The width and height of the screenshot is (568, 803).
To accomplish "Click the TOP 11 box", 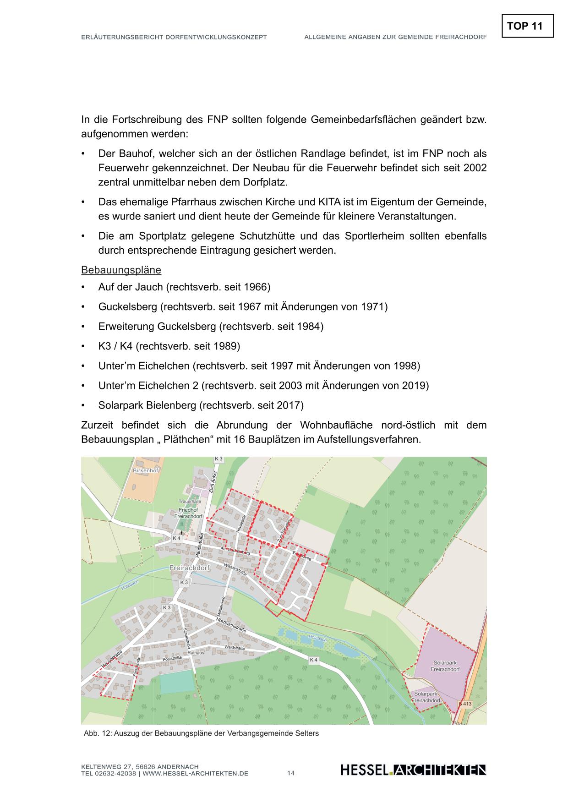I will click(x=527, y=26).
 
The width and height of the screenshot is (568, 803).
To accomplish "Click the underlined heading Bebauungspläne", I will click(x=121, y=270).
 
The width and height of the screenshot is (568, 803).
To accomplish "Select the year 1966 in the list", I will click(x=257, y=287).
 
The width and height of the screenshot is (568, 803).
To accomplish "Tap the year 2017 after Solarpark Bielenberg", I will click(x=290, y=405).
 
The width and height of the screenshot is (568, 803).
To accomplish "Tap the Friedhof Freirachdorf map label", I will click(x=188, y=513).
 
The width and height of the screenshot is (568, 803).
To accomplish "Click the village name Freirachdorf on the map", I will click(x=189, y=568).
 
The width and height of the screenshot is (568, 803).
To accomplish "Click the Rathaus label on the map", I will click(x=196, y=652).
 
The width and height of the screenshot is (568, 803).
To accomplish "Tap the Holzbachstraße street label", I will click(x=231, y=624).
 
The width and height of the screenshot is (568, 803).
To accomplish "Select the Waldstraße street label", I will click(x=235, y=648).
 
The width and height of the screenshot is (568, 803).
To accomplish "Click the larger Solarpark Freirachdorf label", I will click(x=445, y=666).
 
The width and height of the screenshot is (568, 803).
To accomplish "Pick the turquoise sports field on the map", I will click(x=177, y=682).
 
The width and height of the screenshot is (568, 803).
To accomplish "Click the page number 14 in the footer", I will click(x=291, y=773).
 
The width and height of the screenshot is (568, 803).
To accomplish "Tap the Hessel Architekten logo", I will click(x=413, y=770).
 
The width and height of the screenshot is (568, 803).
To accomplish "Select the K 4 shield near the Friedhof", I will click(x=176, y=538).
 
